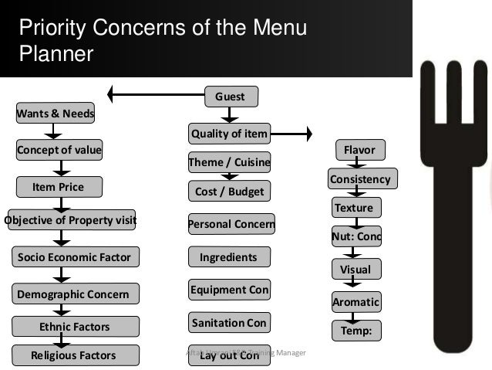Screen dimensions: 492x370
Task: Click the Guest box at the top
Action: [230, 97]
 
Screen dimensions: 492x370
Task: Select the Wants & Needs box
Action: [55, 115]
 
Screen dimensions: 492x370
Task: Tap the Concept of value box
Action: [59, 150]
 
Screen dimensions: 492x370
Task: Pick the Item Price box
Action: [58, 187]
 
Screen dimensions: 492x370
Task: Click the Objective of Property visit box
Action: [71, 220]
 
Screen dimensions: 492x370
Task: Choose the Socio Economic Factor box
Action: [74, 256]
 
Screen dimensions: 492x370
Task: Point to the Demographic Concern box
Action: [75, 294]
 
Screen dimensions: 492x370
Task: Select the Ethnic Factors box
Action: [74, 327]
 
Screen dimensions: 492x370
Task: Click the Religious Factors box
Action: [74, 355]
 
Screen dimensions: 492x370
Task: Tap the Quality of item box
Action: [229, 134]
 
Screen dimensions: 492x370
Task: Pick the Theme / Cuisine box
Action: [229, 163]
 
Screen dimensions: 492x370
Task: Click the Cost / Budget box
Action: [229, 191]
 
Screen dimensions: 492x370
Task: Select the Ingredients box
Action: [228, 256]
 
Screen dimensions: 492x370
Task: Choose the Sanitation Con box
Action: [228, 322]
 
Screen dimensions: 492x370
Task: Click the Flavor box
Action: [359, 150]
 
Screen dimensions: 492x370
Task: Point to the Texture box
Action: [354, 208]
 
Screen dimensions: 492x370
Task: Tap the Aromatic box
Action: [356, 302]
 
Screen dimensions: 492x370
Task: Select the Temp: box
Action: [356, 331]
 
